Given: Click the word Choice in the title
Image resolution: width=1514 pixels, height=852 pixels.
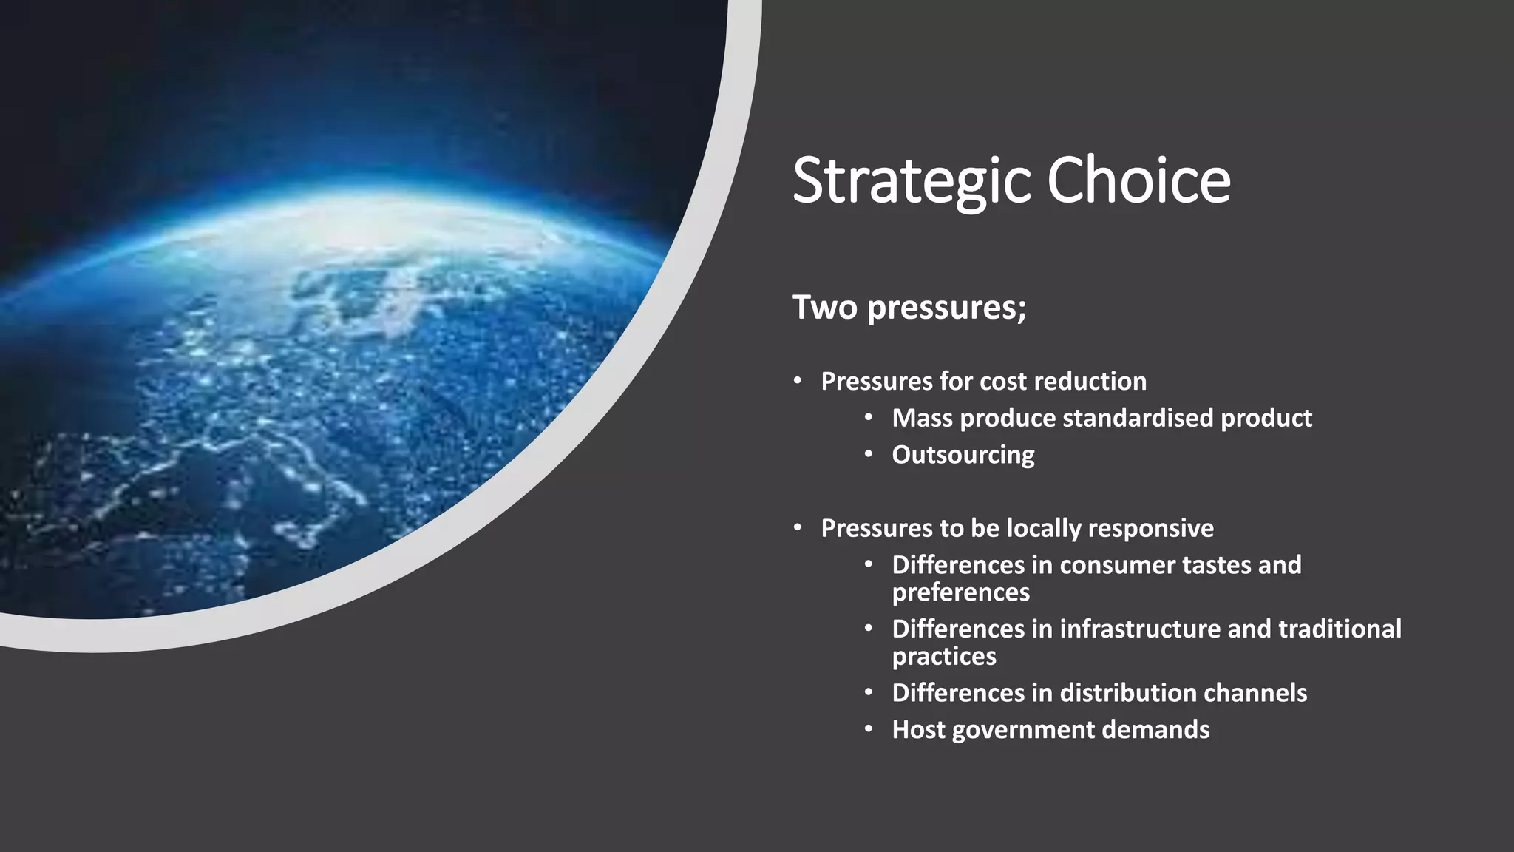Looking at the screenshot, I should coord(1138,181).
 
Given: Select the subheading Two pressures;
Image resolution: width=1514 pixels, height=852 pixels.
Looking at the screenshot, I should coord(909,307).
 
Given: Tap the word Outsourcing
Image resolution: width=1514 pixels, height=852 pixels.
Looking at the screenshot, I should coord(963,455).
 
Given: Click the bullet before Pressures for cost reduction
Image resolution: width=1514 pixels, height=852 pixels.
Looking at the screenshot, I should coord(798,381).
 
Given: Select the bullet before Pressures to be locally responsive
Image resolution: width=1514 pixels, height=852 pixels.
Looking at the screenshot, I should coord(798,528).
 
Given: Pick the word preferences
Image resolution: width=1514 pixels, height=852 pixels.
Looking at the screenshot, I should coord(960,593).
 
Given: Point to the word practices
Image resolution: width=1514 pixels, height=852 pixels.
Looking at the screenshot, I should coord(943,657).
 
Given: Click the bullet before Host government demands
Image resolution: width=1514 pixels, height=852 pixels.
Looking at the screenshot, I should coord(869,730).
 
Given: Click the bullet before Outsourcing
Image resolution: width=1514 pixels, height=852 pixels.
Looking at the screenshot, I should coord(869,455).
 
